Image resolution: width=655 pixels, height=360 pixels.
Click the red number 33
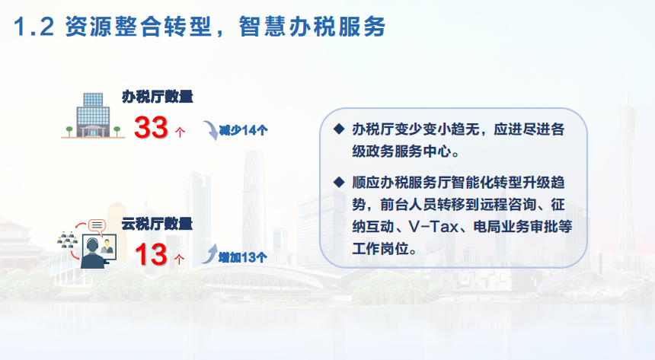tap(151, 127)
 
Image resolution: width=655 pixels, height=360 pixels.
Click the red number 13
tap(151, 254)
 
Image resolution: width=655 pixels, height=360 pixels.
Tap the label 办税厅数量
tap(158, 97)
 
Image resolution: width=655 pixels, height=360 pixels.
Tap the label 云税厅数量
tap(157, 224)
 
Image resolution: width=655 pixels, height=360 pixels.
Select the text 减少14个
tap(243, 130)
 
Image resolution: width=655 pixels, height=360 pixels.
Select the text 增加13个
tap(243, 257)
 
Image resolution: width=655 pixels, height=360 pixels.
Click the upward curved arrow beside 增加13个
tap(210, 253)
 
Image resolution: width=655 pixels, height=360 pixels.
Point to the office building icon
tap(93, 116)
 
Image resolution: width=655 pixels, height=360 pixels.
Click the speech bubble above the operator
tap(97, 226)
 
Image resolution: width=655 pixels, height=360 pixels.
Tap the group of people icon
tap(67, 240)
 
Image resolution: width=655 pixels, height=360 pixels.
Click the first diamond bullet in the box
tap(339, 129)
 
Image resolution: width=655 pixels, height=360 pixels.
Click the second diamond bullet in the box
tap(339, 182)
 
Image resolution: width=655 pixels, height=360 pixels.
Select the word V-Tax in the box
tap(433, 227)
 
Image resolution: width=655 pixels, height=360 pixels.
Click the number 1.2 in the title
tap(34, 27)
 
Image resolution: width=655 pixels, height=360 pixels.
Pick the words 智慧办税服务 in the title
tap(312, 27)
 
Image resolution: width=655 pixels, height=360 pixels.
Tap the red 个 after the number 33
tap(180, 132)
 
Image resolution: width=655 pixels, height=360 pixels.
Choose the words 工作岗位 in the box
tap(380, 249)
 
